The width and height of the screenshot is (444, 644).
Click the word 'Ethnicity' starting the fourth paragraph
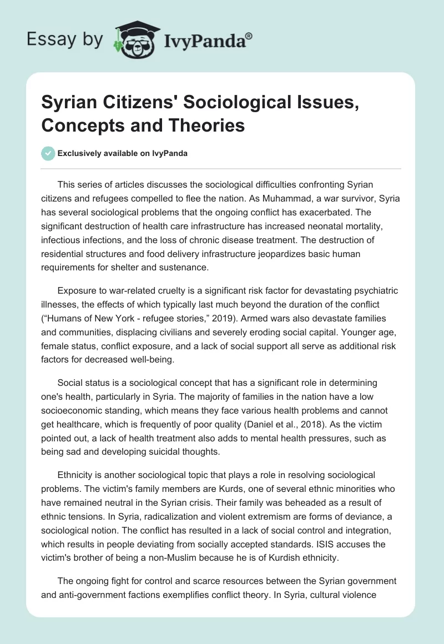coord(76,475)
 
